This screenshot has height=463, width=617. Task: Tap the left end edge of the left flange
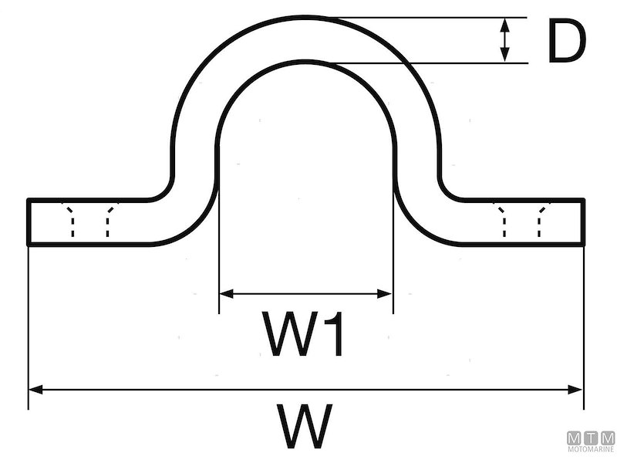tap(28, 222)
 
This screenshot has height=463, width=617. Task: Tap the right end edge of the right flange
tap(584, 222)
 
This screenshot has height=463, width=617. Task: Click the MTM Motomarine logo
tap(591, 442)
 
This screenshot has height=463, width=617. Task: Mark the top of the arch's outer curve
tap(306, 17)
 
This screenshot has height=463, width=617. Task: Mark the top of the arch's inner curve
tap(306, 62)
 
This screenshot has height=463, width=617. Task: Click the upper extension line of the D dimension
tap(432, 17)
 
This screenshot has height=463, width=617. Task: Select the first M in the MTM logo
tap(573, 438)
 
